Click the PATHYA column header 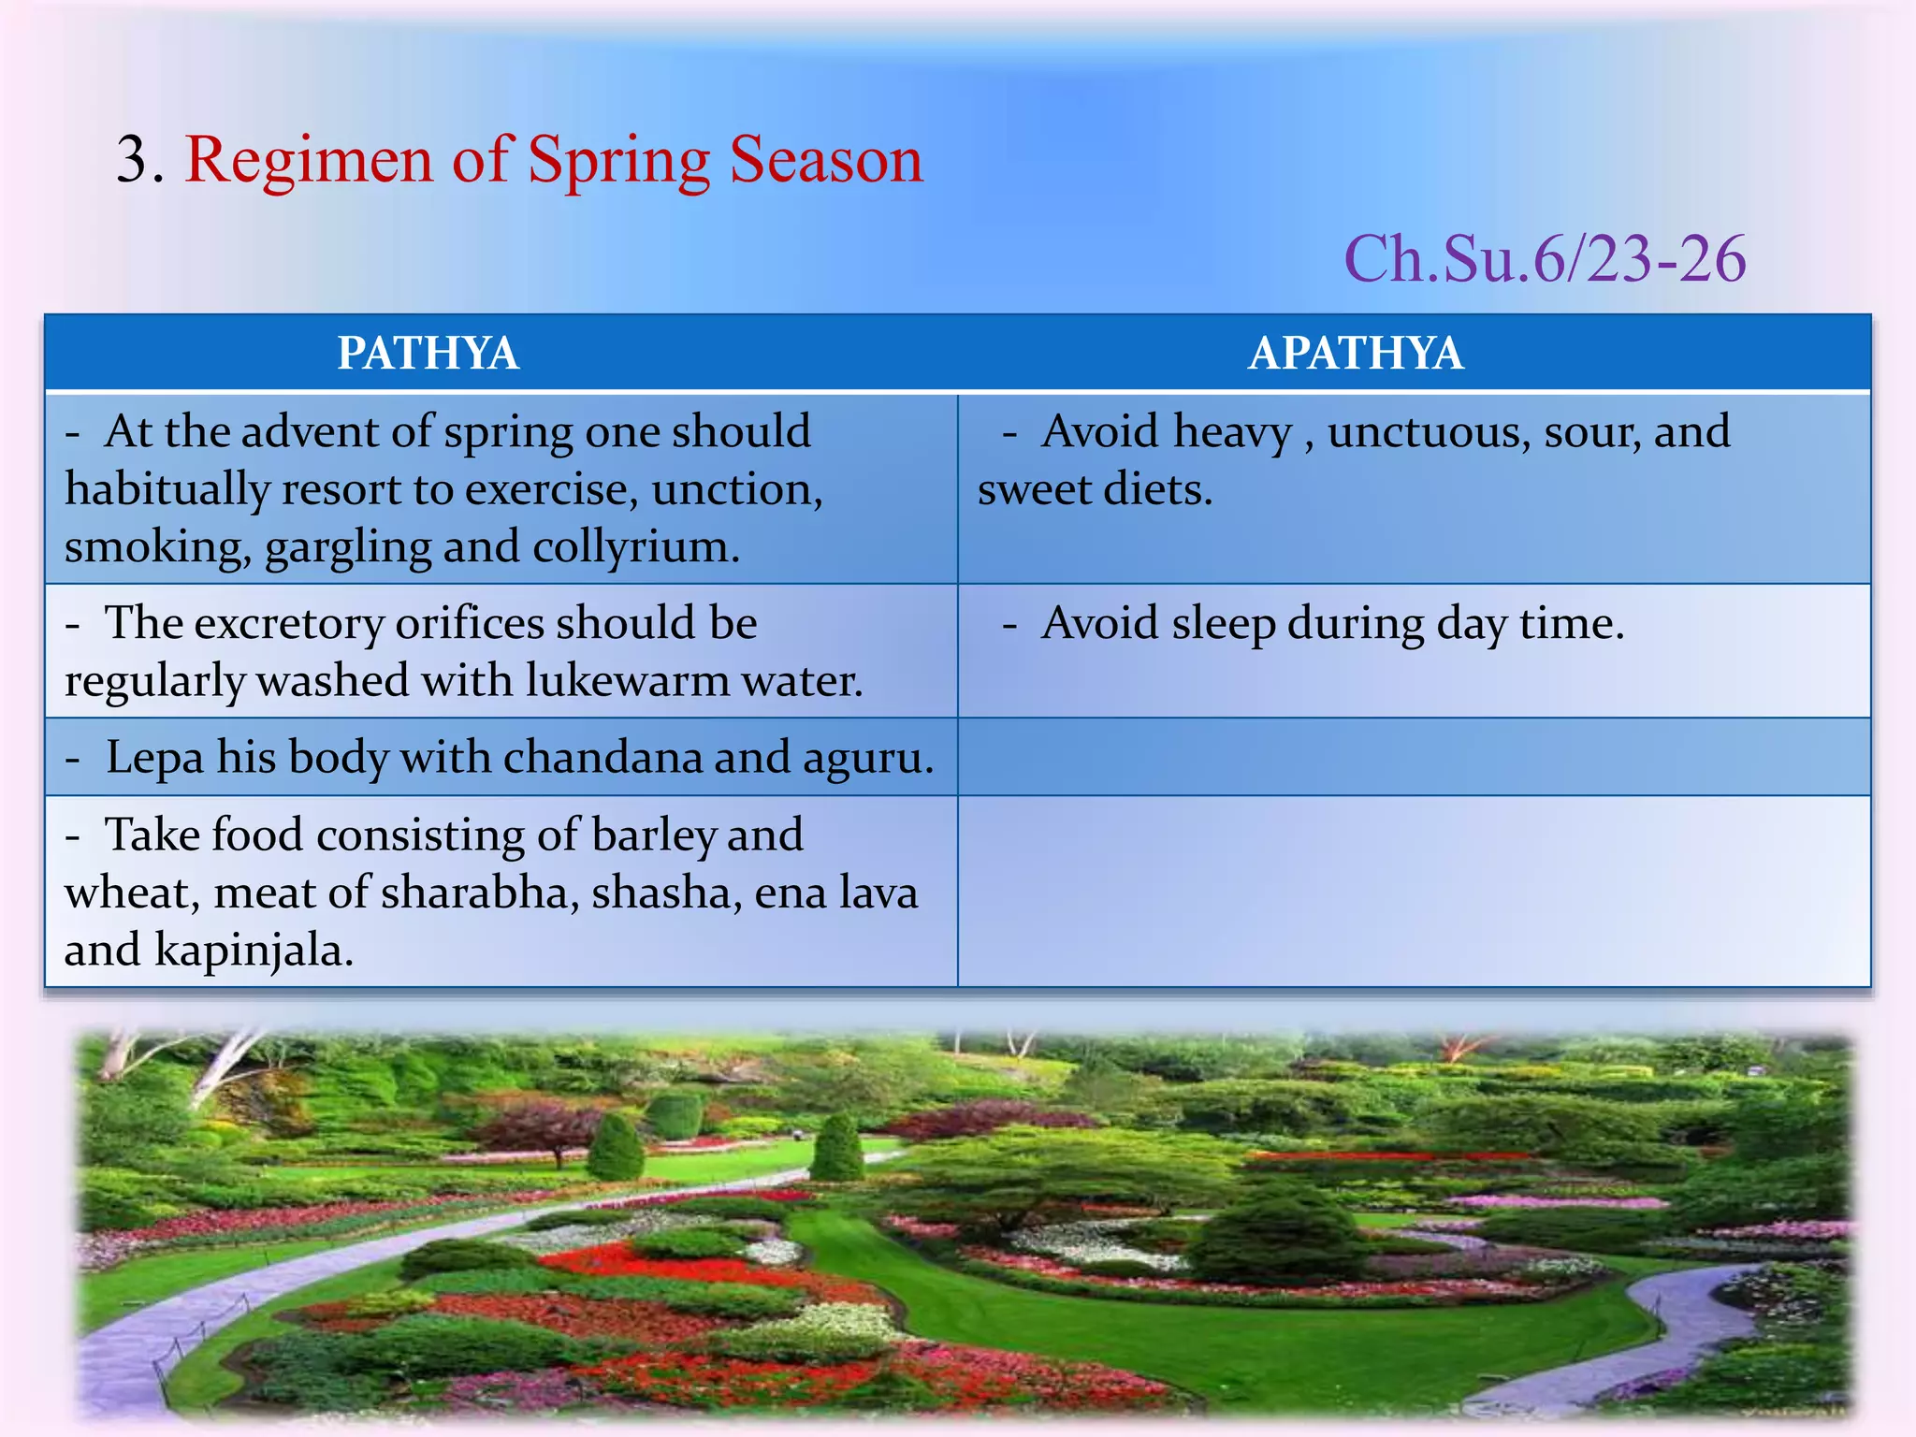[428, 354]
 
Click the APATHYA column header [1355, 354]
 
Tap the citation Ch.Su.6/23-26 [1544, 259]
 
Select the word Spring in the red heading [618, 161]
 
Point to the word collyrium [635, 547]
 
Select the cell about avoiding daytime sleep [1413, 650]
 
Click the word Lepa [154, 759]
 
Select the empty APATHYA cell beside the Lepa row [1413, 757]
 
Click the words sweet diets [1095, 490]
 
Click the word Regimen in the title [310, 161]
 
